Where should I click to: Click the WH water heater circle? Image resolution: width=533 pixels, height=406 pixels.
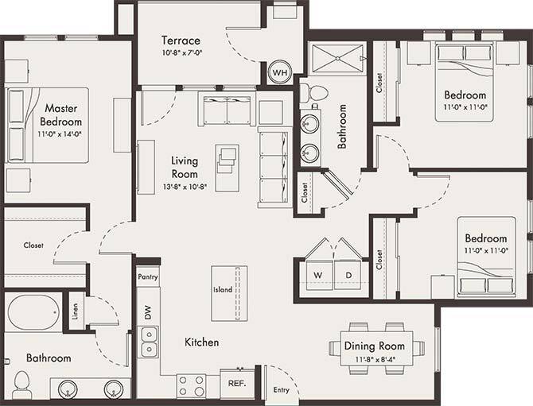pos(280,72)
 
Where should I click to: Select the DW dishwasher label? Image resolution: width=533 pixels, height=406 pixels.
pos(147,312)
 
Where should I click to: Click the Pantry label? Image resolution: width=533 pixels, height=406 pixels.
pos(148,277)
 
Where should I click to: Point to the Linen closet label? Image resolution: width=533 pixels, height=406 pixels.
pos(74,309)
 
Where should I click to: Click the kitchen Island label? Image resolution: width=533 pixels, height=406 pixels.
pos(223,290)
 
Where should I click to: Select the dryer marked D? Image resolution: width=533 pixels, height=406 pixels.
pos(348,276)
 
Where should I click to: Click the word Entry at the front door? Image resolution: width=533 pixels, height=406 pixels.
pos(281,390)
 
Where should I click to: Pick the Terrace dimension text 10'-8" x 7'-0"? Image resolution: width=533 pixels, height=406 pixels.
pos(181,55)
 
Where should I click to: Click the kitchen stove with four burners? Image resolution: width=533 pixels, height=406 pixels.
pos(191,386)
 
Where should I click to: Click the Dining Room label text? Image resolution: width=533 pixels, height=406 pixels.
pos(374,346)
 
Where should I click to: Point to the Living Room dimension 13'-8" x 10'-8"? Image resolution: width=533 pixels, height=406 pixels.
pos(184,188)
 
